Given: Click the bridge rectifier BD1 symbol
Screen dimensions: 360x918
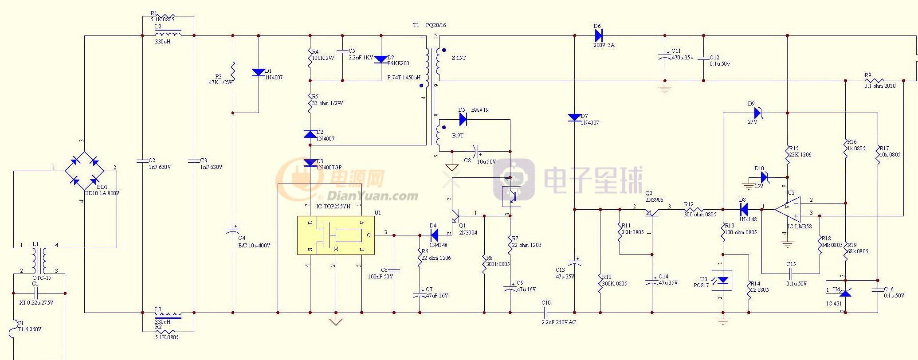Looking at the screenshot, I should [85, 171].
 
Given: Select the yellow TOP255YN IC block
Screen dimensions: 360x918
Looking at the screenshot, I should [336, 235].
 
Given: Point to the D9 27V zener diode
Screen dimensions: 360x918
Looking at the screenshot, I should [757, 113].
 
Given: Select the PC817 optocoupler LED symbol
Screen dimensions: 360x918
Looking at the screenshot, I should [723, 281].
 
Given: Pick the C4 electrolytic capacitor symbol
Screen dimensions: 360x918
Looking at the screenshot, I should [233, 231].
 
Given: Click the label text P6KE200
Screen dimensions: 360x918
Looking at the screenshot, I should [398, 63].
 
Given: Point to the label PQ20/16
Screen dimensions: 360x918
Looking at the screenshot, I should [435, 25].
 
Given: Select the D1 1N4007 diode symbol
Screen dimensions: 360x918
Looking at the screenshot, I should [259, 72].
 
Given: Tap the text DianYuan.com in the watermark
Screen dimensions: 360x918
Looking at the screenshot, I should [372, 196].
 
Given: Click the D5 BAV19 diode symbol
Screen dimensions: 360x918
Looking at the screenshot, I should [463, 119].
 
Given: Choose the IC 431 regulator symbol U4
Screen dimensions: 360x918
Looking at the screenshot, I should [845, 293].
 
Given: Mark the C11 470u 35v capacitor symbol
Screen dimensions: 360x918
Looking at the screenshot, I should [664, 57].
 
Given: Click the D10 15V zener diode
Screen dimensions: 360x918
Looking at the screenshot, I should [764, 177].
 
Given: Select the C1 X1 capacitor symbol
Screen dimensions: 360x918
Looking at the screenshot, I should [36, 293].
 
